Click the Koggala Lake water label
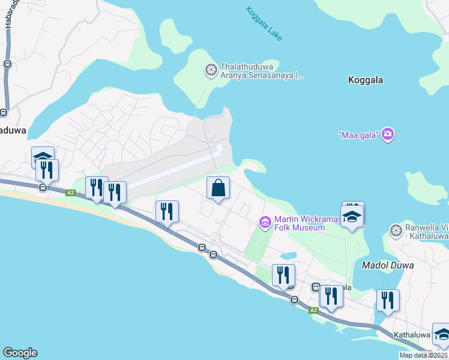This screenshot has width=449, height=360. tap(264, 23)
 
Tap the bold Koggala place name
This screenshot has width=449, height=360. tap(366, 80)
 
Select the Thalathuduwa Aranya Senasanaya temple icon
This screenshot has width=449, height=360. tap(211, 71)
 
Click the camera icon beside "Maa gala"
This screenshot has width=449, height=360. tap(388, 133)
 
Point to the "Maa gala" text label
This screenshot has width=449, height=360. tap(358, 134)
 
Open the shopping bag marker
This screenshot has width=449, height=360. tap(218, 188)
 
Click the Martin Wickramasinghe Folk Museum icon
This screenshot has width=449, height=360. tap(265, 223)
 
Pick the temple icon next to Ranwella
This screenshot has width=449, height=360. tap(396, 231)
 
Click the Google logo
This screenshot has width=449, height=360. tap(20, 353)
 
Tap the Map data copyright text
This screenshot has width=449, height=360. tap(424, 355)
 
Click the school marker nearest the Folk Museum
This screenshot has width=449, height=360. tap(352, 217)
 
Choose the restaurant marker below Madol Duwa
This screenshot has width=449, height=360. tap(388, 301)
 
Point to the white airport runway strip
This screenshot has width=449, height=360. tap(174, 169)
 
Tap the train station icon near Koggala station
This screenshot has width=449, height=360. tap(315, 287)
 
